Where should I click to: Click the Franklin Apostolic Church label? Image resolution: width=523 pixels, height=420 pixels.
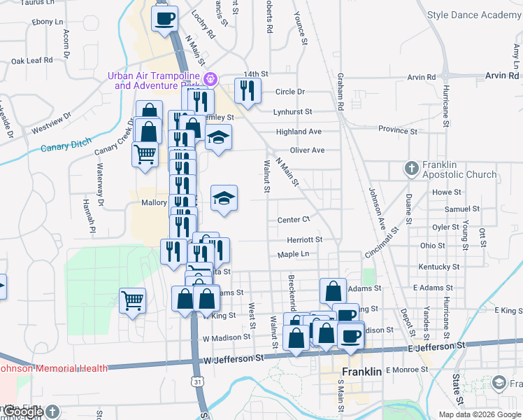[459, 169]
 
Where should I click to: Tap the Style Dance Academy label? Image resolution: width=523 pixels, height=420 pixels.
[473, 15]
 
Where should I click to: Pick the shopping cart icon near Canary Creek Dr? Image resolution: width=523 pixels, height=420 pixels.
[145, 153]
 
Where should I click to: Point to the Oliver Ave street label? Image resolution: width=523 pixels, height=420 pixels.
[308, 150]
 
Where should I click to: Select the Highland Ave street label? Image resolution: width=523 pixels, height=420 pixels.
[299, 132]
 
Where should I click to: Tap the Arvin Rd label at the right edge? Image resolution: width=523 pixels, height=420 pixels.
[504, 76]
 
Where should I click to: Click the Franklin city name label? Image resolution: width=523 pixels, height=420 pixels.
[361, 372]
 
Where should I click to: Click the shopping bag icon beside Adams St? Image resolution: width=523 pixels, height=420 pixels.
[334, 290]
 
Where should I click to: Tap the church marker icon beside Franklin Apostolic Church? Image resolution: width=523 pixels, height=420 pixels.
[412, 169]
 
